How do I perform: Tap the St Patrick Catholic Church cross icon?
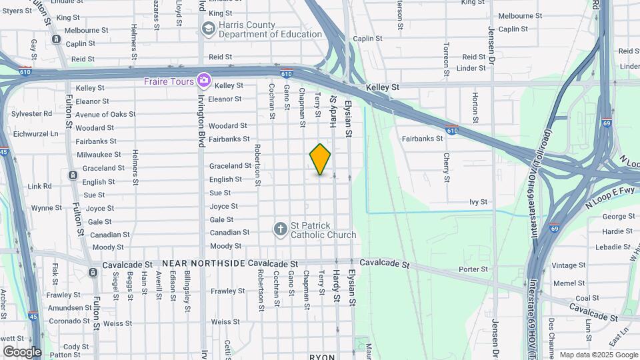(x=281, y=229)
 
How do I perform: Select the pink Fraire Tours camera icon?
(x=204, y=81)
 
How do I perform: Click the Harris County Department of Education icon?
(x=208, y=29)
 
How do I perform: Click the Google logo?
(x=22, y=351)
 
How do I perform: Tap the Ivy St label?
(x=479, y=201)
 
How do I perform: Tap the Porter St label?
(x=473, y=269)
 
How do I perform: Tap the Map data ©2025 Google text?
(x=599, y=355)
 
